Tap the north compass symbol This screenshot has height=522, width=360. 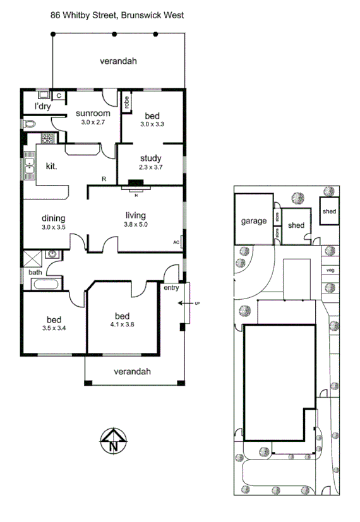tap(114, 440)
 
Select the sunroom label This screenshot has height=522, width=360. tap(93, 114)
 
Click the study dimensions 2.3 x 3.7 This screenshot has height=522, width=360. tap(151, 167)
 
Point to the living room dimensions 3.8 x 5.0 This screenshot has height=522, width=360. tap(136, 224)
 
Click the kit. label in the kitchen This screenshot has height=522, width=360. tap(52, 166)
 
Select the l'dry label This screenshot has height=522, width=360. tap(42, 106)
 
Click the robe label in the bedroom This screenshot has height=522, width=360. tap(127, 102)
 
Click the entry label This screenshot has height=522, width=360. tap(171, 288)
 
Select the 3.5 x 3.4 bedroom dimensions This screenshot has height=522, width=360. tap(54, 328)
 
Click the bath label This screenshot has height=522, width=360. tap(35, 272)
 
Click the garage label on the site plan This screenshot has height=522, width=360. tap(253, 222)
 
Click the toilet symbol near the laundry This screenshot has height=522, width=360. tap(29, 125)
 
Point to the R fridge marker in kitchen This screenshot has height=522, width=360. tap(104, 179)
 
